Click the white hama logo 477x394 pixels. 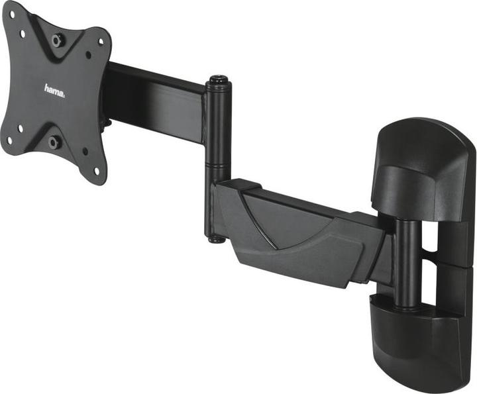54,89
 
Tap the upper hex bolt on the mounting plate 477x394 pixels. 58,39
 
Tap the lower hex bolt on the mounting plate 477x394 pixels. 54,142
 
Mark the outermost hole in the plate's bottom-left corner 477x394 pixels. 9,139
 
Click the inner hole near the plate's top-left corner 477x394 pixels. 23,32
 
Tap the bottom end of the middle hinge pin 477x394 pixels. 216,238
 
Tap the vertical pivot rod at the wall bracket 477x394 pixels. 406,265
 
